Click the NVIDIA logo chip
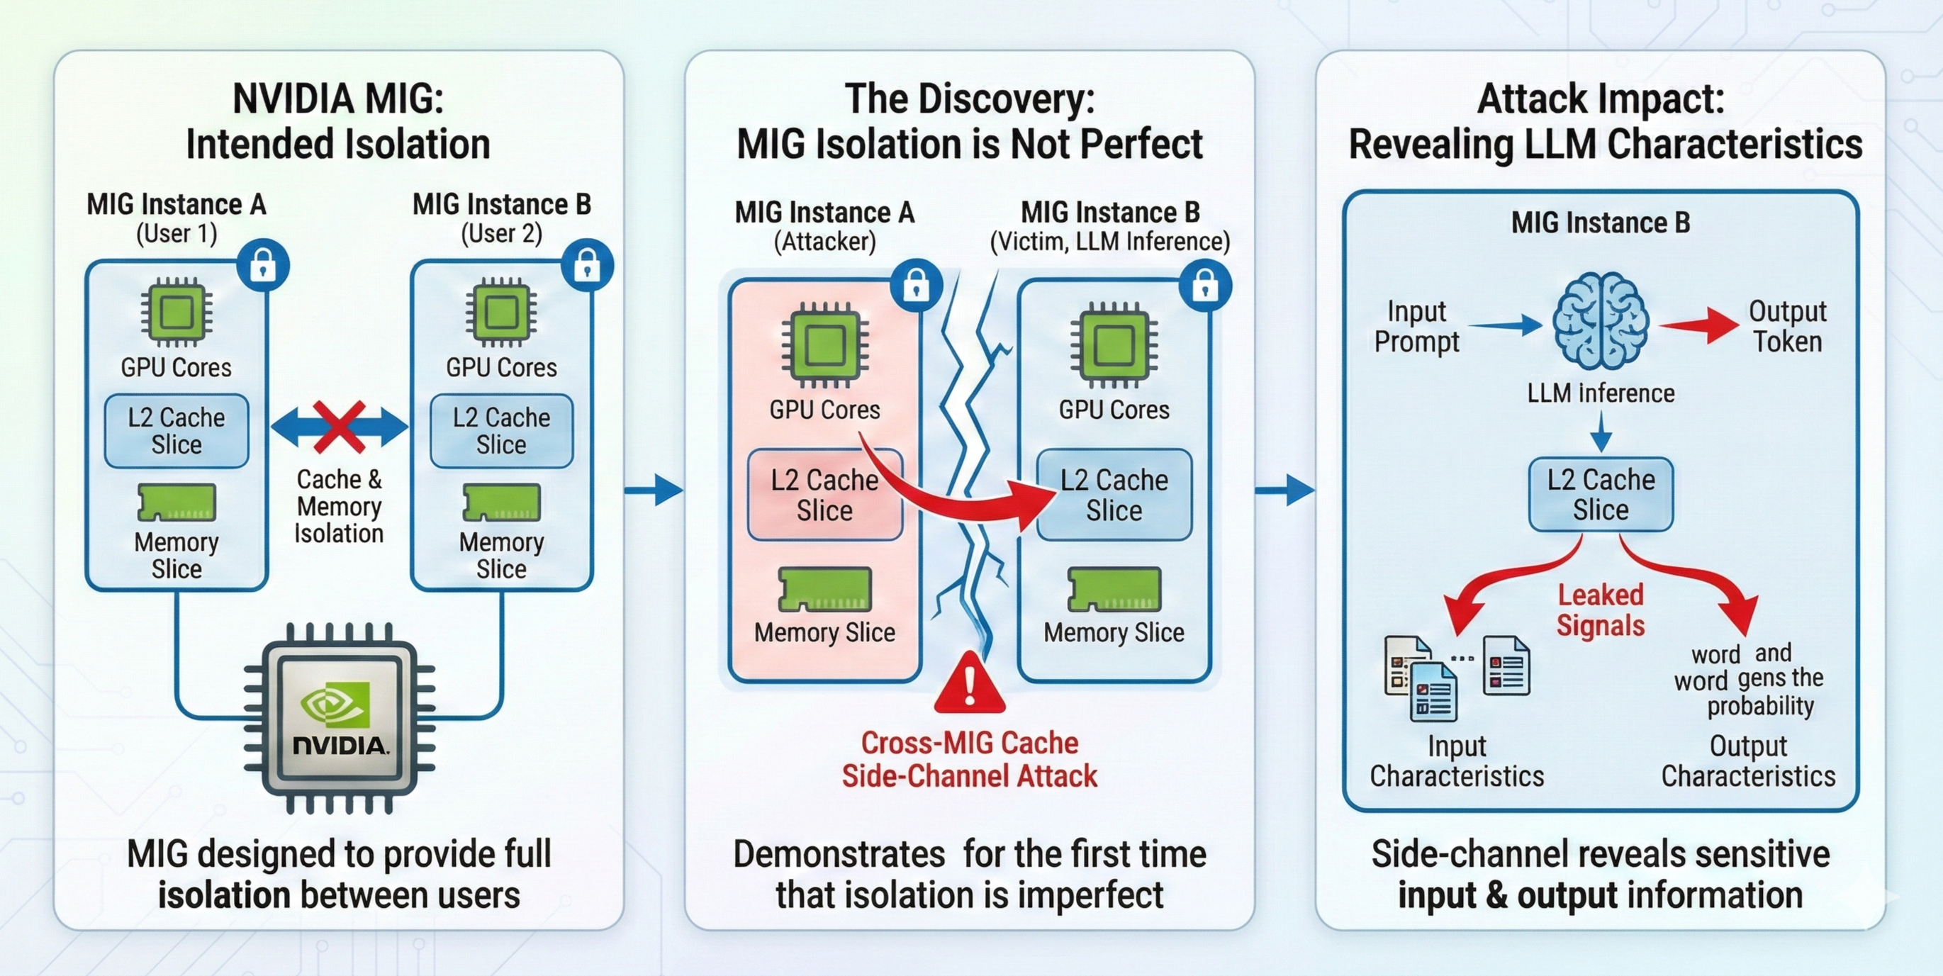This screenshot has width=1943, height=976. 340,718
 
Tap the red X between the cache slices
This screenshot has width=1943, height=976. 339,427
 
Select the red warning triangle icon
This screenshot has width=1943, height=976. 969,684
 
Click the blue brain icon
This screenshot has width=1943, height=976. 1601,320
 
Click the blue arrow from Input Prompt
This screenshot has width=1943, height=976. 1505,325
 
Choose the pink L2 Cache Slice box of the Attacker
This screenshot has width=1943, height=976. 824,495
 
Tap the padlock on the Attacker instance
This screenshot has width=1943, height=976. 917,286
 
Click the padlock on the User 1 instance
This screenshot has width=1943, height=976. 262,266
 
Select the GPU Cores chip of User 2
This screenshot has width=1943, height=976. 501,313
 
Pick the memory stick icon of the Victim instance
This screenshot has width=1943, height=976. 1114,589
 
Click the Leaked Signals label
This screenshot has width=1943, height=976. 1601,610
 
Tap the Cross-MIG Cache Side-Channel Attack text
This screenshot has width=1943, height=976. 969,760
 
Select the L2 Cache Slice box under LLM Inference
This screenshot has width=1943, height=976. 1601,495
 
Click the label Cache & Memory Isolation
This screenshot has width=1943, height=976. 339,506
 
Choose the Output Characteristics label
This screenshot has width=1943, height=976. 1747,761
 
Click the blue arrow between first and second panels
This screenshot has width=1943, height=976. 654,490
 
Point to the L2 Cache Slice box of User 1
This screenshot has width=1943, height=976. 177,431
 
